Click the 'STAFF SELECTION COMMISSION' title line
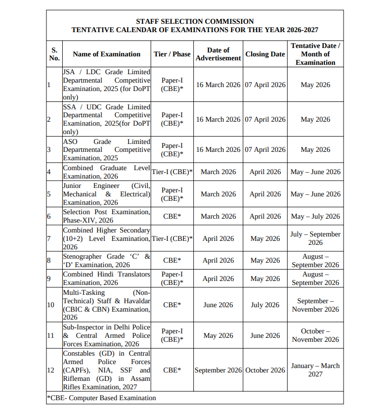195,21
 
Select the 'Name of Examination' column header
106,54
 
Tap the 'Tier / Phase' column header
172,54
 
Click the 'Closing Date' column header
265,54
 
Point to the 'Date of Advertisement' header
218,54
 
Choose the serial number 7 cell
49,238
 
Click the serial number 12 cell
50,370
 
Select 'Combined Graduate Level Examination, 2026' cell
106,172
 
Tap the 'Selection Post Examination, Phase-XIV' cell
106,216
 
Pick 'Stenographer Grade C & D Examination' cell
106,261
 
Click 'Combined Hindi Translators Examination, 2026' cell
106,278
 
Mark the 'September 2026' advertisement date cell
218,370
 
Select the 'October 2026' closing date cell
265,370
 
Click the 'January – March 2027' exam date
315,370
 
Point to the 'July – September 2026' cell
315,238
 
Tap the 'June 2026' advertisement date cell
218,305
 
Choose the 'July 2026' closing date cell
265,305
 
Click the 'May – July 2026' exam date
315,216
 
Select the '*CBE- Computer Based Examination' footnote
102,398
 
